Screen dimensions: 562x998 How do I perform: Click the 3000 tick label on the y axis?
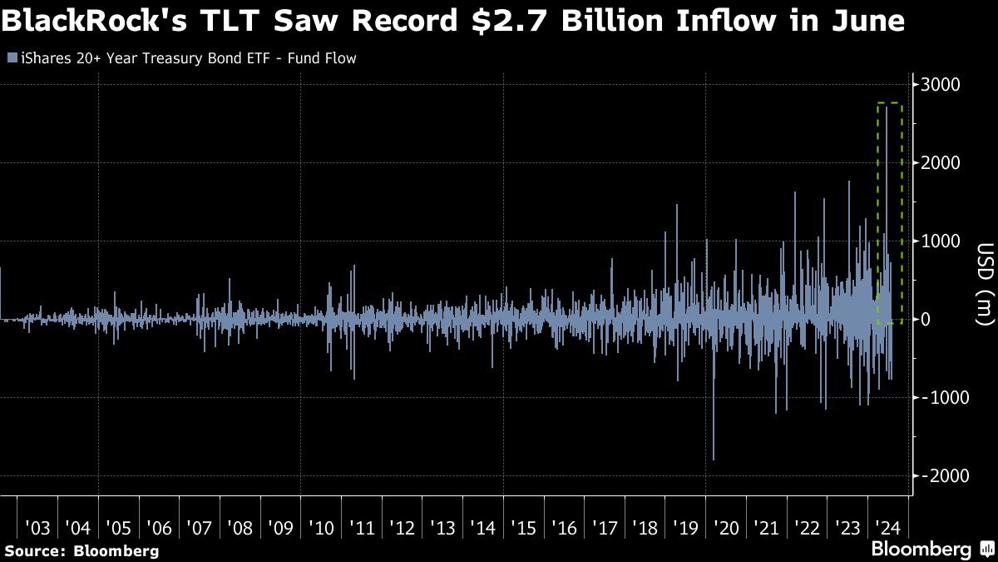click(x=941, y=85)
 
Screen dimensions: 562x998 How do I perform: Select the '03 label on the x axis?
click(x=38, y=528)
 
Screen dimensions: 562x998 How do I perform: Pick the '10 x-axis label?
click(x=321, y=528)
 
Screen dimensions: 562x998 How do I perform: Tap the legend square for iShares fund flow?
click(x=10, y=59)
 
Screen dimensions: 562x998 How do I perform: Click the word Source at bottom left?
click(x=32, y=550)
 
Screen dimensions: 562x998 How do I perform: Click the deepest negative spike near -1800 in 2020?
click(x=714, y=458)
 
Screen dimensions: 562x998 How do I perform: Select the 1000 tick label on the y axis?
click(x=941, y=241)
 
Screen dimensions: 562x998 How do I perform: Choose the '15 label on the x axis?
click(x=523, y=528)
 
